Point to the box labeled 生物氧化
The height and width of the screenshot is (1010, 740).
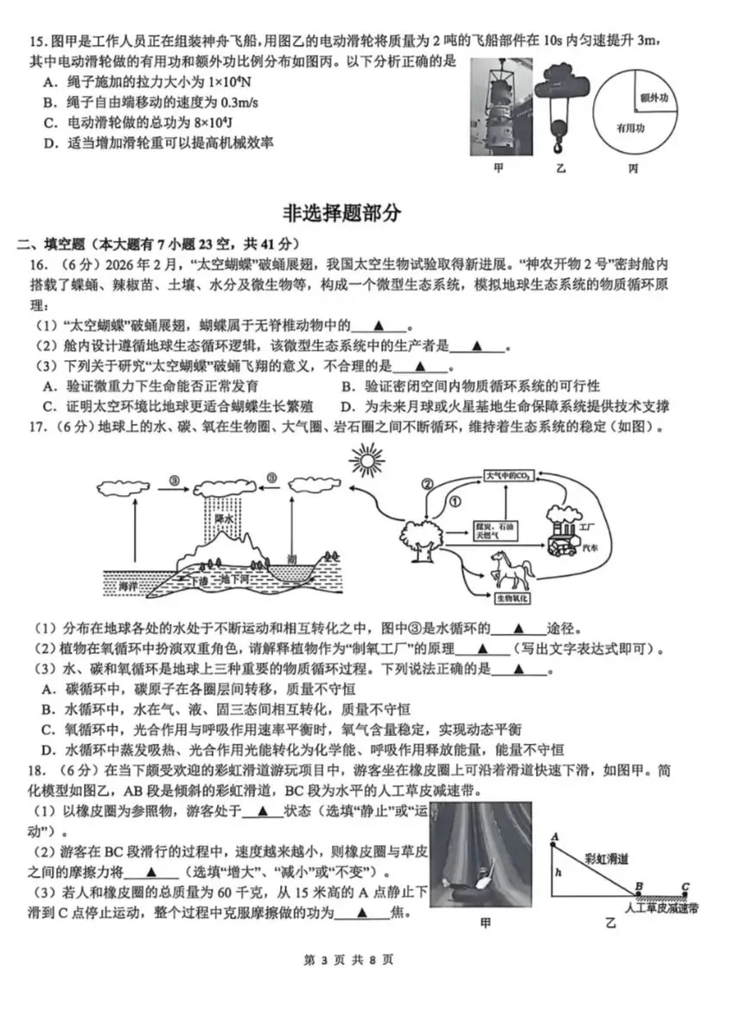(x=513, y=597)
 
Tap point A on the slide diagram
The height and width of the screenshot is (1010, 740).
(x=553, y=836)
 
